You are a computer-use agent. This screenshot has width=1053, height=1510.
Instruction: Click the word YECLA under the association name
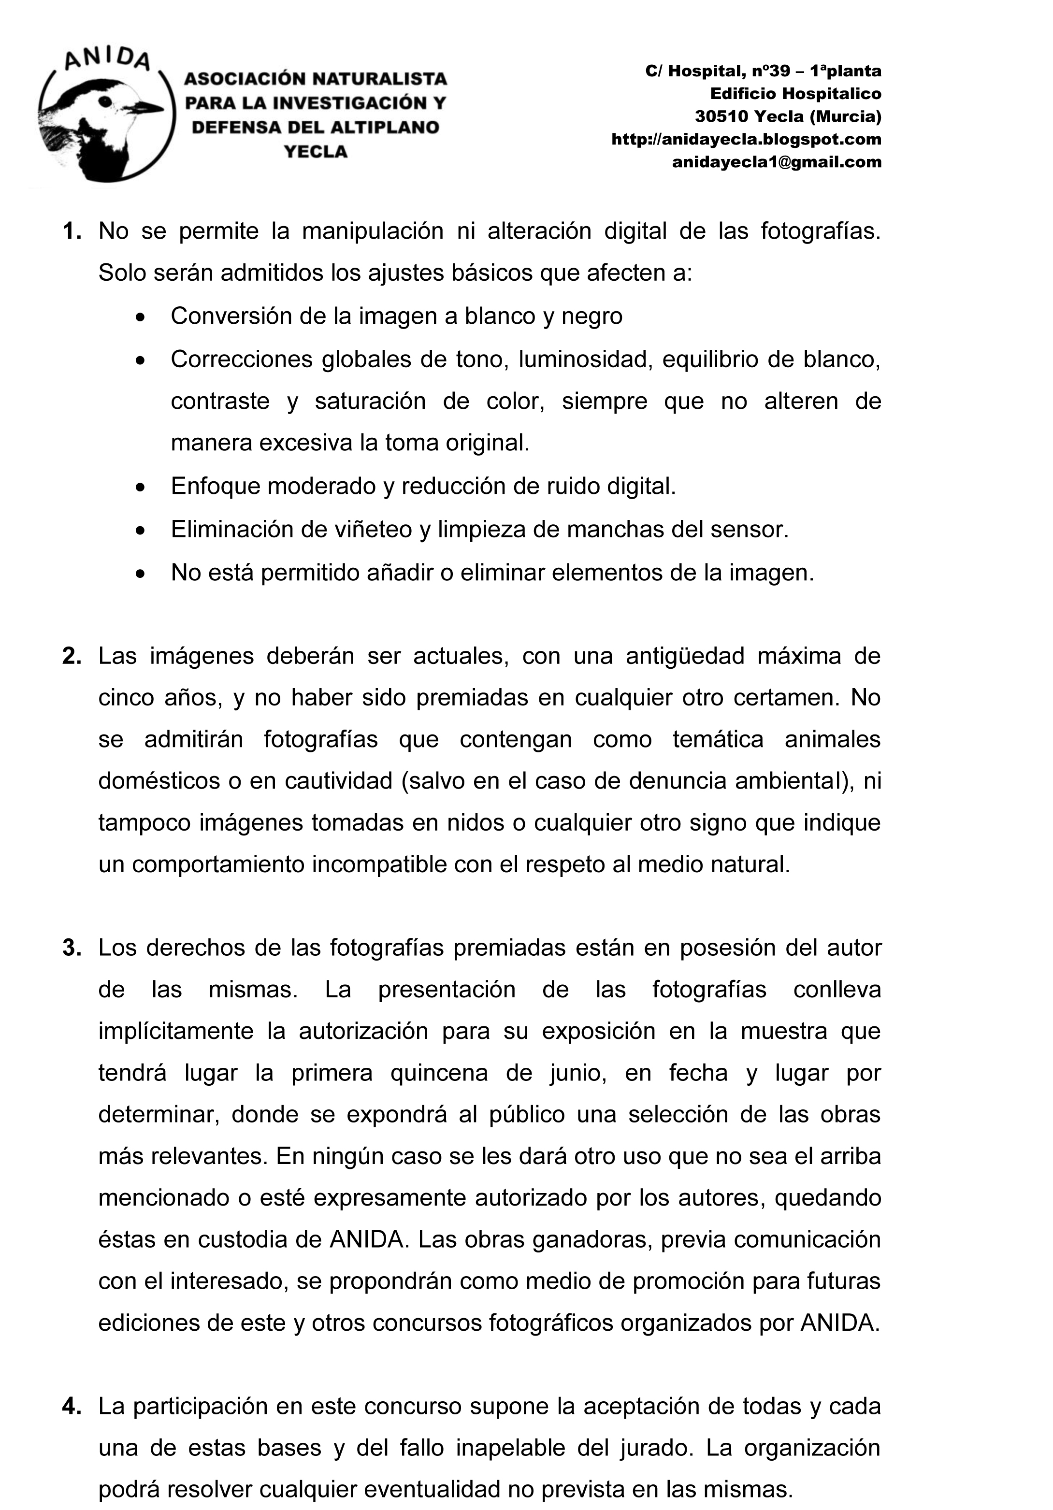click(x=315, y=152)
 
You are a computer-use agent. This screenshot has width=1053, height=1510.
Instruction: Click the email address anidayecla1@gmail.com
click(x=776, y=162)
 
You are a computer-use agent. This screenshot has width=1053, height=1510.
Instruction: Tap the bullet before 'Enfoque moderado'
click(x=140, y=488)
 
